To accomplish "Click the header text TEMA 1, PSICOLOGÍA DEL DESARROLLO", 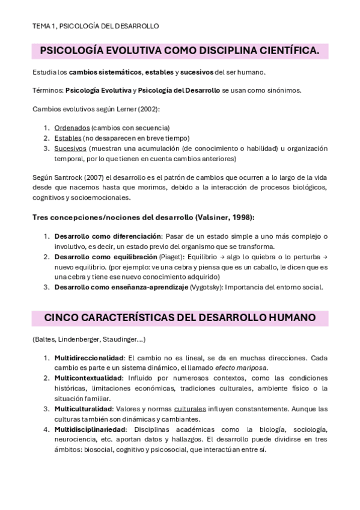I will [96, 26].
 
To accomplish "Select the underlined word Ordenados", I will [72, 127].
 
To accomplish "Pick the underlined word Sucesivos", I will [70, 148].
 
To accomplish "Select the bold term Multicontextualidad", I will [88, 378].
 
